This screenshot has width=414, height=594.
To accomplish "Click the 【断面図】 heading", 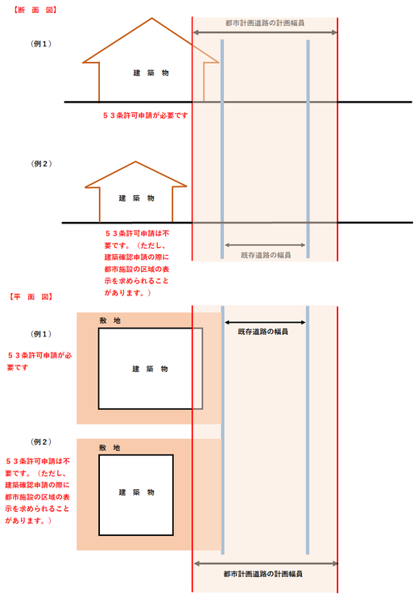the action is [35, 10].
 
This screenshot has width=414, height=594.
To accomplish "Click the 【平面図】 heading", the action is [31, 297].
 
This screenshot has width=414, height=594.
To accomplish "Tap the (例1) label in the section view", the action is [41, 44].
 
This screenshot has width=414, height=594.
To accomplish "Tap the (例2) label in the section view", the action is [41, 164].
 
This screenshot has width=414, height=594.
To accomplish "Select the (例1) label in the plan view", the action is [41, 334].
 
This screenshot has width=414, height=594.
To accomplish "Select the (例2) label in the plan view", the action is [41, 442].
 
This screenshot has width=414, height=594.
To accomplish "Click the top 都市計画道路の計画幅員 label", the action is [265, 23].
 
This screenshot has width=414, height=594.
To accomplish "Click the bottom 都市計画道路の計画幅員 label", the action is [263, 575].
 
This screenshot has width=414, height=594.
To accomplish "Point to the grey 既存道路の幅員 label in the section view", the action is [266, 255].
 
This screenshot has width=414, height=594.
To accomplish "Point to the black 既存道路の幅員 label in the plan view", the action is [263, 332].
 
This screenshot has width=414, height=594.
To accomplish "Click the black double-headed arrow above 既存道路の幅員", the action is [265, 322].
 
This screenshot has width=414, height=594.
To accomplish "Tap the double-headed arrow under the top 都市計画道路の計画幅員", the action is [265, 32].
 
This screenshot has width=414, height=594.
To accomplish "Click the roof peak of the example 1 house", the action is [152, 19].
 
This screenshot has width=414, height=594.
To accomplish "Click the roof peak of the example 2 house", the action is [136, 161].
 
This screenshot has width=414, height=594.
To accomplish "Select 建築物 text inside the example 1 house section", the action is [151, 73].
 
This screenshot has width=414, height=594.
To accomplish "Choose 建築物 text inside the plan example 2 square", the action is [136, 492].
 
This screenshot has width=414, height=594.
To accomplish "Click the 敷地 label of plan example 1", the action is [110, 321].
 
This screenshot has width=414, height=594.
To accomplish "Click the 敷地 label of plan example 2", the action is [110, 448].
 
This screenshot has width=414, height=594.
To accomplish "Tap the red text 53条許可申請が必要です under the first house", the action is [145, 115].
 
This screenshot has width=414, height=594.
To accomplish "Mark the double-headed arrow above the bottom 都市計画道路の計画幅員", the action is [266, 563].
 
